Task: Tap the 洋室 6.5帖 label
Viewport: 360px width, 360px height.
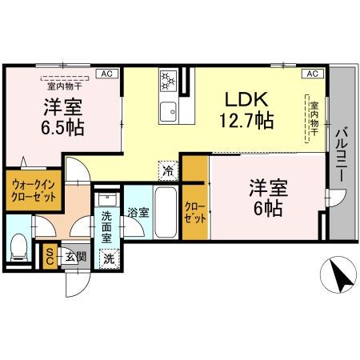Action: click(x=63, y=117)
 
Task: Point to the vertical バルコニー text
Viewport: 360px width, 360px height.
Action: click(x=342, y=153)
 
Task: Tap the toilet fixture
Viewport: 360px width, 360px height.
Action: click(x=18, y=248)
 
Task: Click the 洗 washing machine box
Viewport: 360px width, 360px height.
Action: click(x=108, y=258)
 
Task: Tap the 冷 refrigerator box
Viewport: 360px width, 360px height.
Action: click(x=167, y=170)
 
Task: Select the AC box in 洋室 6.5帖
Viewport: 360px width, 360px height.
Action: click(x=105, y=74)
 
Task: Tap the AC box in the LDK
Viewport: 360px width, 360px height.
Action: click(x=312, y=74)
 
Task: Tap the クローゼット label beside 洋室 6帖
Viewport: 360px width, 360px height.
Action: click(x=195, y=210)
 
